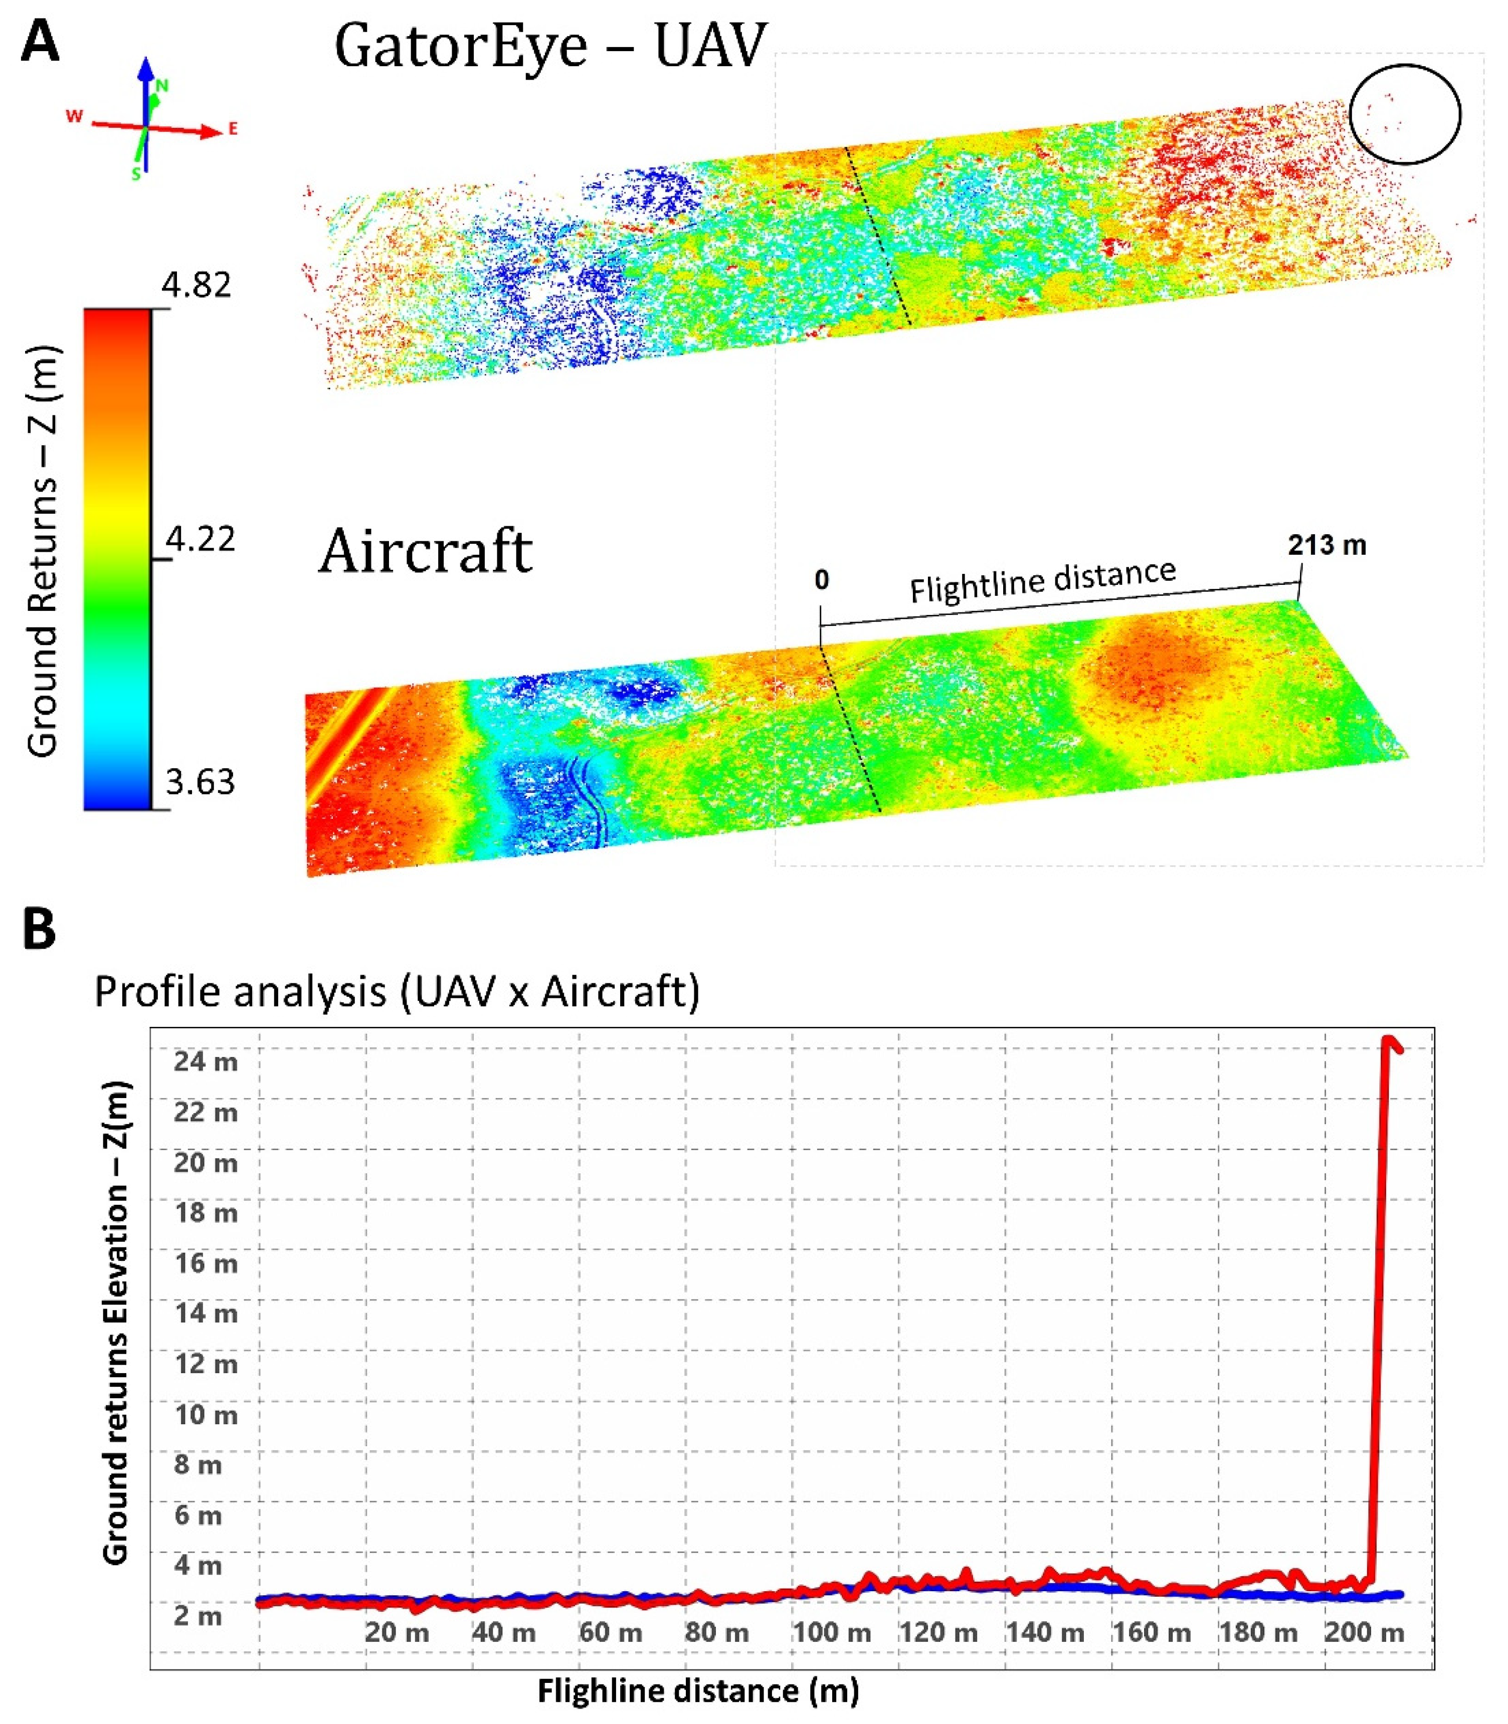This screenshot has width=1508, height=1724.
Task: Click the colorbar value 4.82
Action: tap(196, 285)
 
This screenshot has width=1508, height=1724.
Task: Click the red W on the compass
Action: tap(74, 116)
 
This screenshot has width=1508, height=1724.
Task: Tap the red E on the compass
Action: tap(233, 129)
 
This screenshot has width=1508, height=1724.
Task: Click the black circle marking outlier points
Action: tap(1405, 114)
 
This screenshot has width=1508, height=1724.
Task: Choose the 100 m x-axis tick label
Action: tap(831, 1633)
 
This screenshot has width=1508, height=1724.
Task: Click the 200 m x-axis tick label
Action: tap(1364, 1633)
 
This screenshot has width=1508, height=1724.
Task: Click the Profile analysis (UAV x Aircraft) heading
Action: tap(397, 991)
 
